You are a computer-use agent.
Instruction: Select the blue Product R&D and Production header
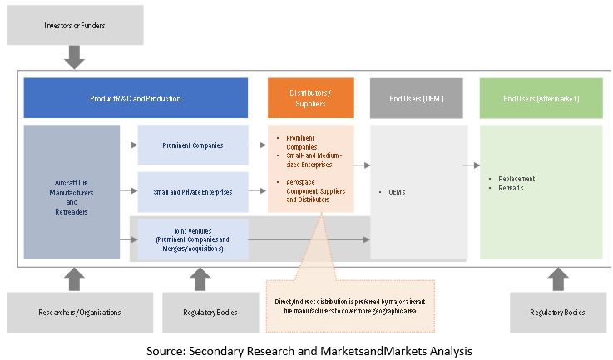(136, 98)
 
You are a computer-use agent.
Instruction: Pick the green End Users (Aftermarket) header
(541, 98)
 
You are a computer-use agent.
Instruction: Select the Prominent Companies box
(193, 145)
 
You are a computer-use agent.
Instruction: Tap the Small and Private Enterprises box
(193, 192)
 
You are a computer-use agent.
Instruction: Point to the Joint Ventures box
(193, 239)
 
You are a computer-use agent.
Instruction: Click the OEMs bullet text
(398, 192)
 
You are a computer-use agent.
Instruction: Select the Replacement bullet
(517, 179)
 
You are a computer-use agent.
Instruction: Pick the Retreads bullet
(512, 188)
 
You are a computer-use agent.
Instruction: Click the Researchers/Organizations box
(76, 313)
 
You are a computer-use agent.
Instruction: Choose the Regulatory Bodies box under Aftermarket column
(557, 313)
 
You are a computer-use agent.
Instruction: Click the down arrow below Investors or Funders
(75, 57)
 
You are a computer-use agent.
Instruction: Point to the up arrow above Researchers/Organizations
(75, 279)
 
